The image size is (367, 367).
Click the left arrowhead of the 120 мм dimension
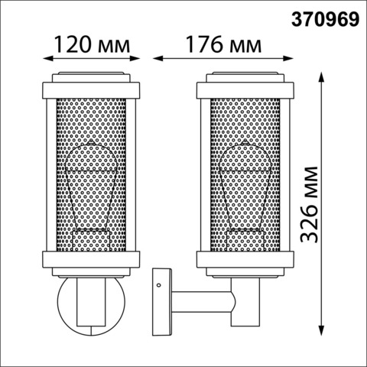(x=47, y=57)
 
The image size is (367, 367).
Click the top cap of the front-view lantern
(x=92, y=85)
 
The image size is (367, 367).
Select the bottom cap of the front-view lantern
(x=92, y=260)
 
